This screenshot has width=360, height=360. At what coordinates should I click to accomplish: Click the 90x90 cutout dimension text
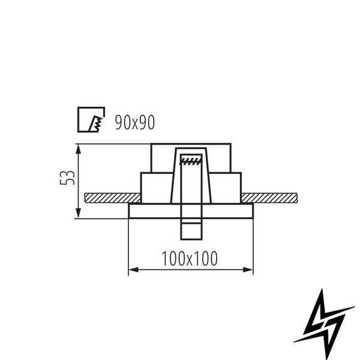(x=135, y=122)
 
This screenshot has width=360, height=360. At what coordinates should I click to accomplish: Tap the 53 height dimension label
(x=67, y=178)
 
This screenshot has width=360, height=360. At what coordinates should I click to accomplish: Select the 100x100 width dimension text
(x=190, y=259)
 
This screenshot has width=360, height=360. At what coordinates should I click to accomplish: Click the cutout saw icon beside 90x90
(x=91, y=119)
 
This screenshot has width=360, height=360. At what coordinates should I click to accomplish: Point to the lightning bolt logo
(x=324, y=323)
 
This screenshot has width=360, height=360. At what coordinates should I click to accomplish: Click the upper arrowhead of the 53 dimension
(x=79, y=149)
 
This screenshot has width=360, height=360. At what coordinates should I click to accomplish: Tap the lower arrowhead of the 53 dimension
(x=79, y=213)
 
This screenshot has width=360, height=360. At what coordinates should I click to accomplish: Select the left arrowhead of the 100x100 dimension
(x=134, y=269)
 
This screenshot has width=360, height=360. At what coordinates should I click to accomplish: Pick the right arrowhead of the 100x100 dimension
(x=248, y=269)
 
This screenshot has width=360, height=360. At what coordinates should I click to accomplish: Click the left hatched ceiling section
(x=113, y=198)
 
